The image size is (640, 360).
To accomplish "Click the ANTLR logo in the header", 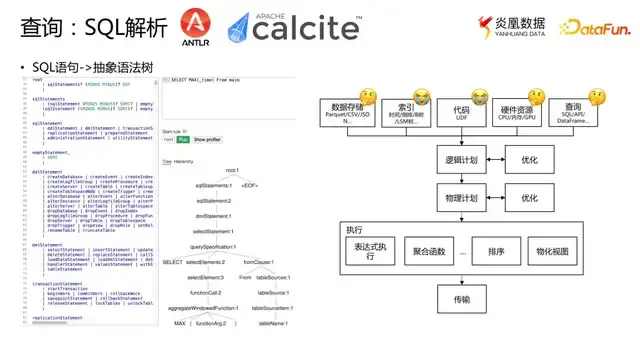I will tap(196, 29).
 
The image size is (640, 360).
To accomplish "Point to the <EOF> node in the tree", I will tap(250, 186).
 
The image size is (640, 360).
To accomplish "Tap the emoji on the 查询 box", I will tap(597, 97).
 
